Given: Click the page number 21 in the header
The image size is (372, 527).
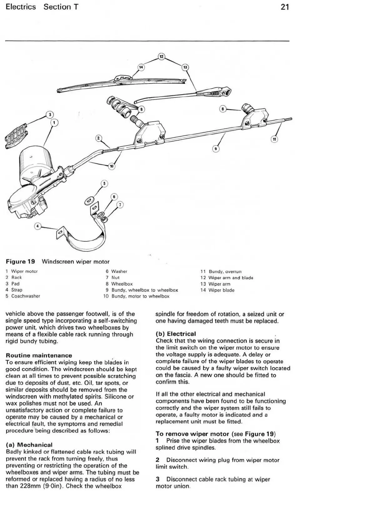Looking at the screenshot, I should tap(284, 7).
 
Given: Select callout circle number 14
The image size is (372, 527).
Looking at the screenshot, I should tap(141, 67).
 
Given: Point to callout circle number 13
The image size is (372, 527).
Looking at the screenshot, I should tap(185, 67).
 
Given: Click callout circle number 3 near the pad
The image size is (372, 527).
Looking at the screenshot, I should tap(49, 114).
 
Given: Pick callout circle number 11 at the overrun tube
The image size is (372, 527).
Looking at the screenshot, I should tap(274, 139).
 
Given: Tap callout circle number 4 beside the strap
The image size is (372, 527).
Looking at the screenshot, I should tap(38, 226).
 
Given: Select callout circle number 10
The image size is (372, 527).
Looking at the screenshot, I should tap(112, 166).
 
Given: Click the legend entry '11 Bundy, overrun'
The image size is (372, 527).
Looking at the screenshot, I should tap(221, 271).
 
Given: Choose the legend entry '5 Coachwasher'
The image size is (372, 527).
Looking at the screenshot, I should tap(23, 296).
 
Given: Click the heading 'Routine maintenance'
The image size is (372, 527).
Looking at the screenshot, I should tap(39, 355).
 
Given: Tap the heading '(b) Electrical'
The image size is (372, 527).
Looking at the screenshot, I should tap(176, 334).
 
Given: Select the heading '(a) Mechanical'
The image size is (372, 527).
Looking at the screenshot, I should tap(29, 444).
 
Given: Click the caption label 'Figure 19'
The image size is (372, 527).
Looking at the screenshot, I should tap(20, 261).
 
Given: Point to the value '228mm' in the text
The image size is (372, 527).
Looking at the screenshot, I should tap(30, 486).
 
